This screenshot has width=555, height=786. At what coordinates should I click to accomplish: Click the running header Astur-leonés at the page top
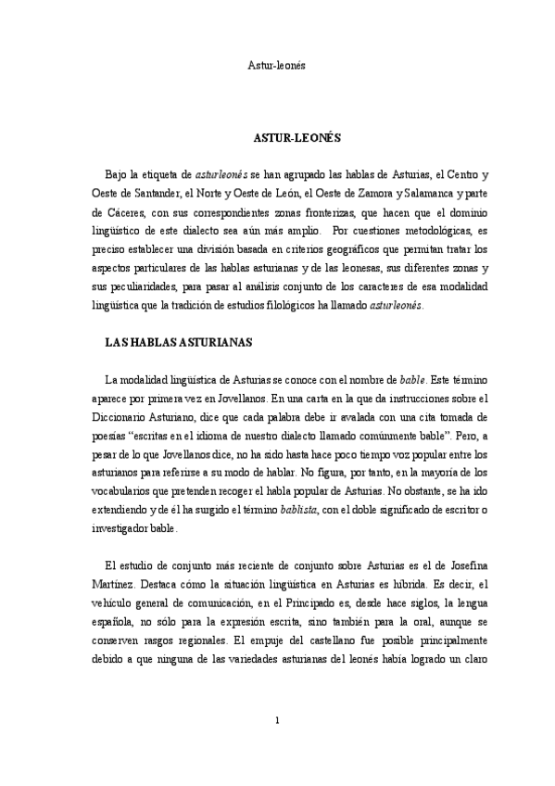coord(277,66)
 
